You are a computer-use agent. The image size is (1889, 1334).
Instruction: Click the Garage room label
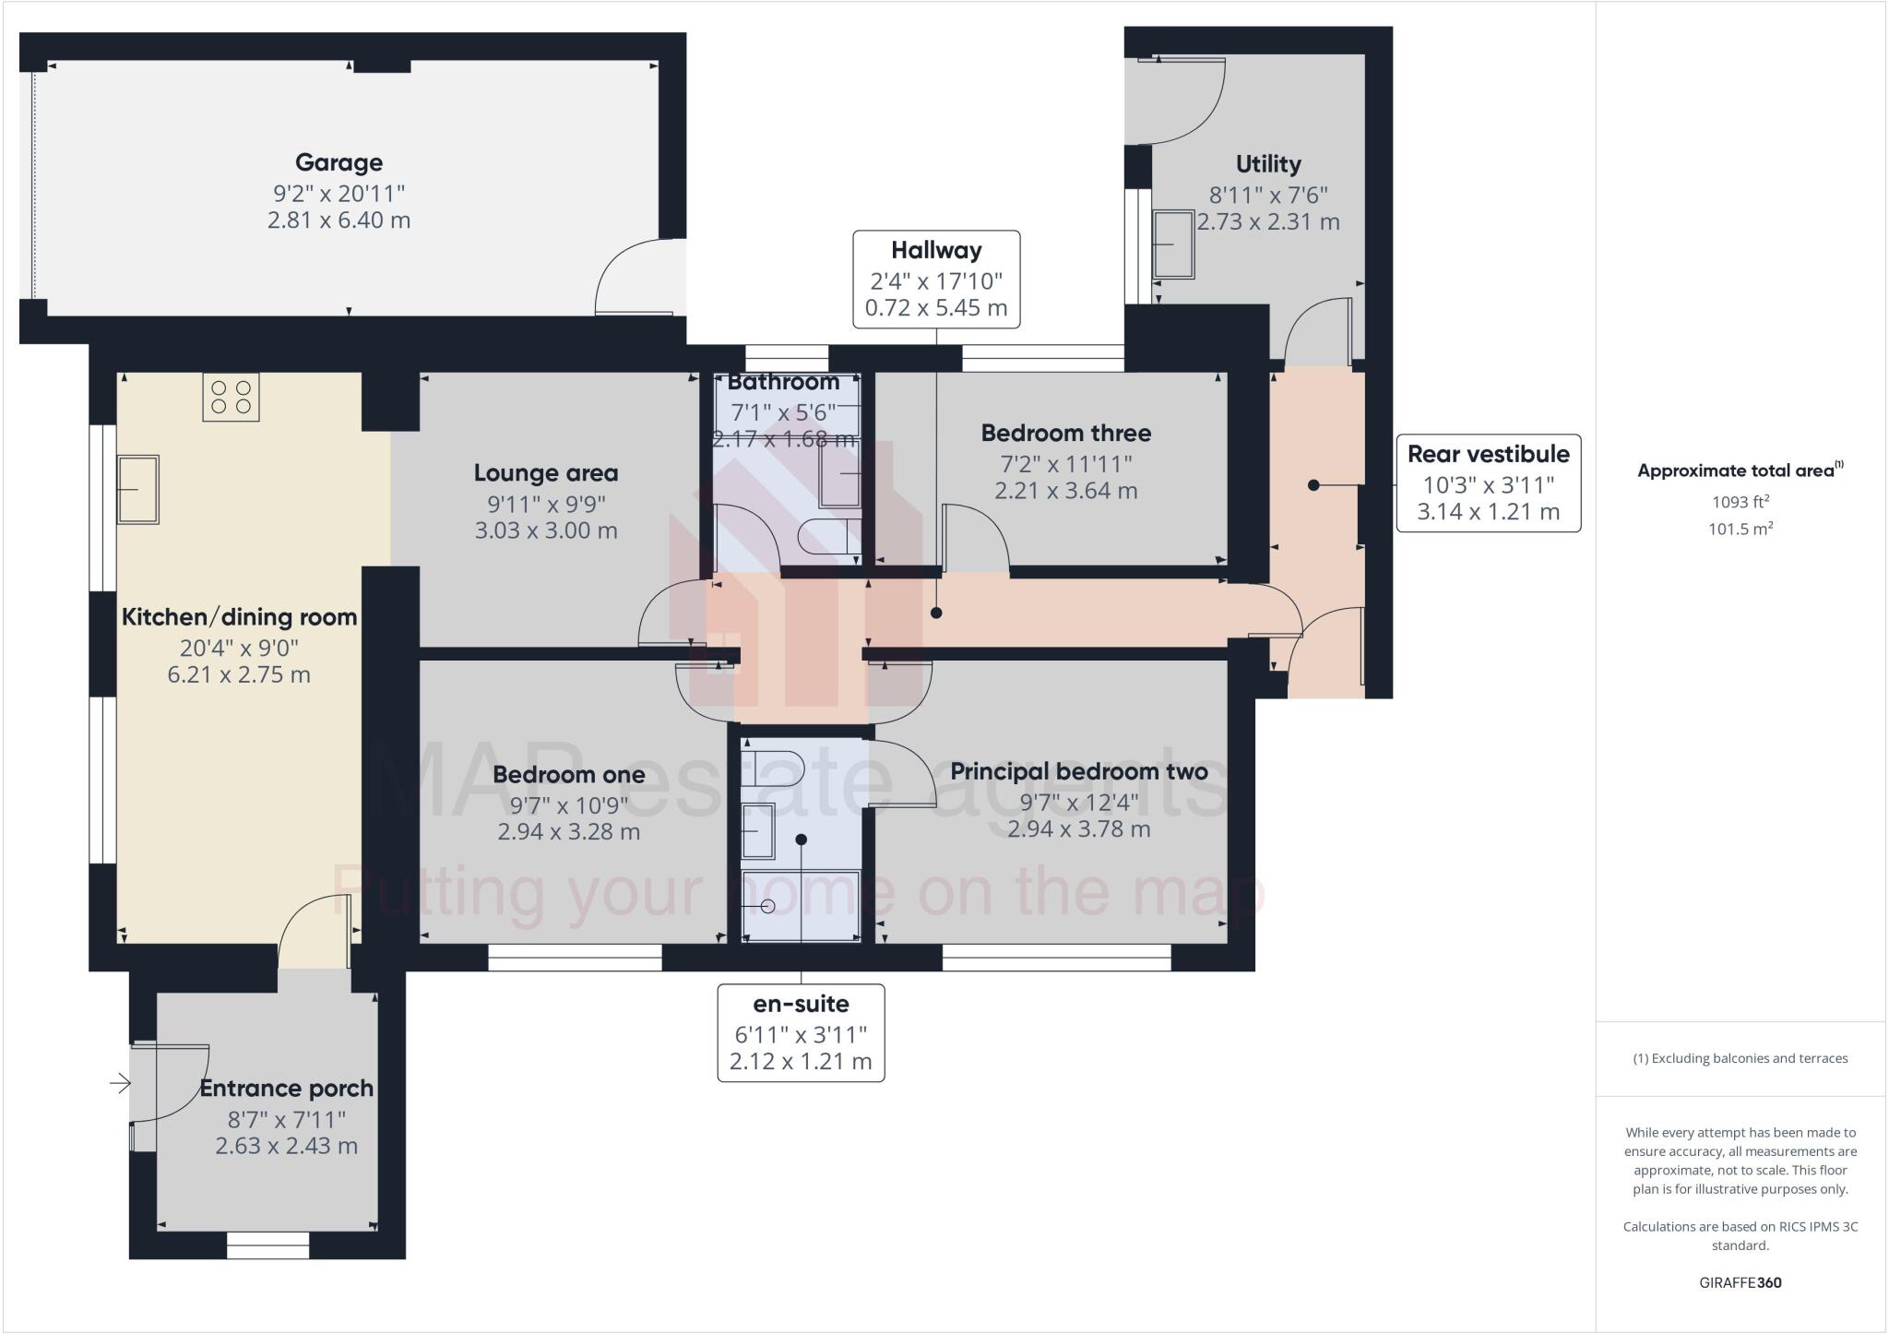pos(339,163)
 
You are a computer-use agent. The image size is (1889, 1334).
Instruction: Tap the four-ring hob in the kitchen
pos(231,398)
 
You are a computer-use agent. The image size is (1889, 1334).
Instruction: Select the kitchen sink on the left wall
pos(137,489)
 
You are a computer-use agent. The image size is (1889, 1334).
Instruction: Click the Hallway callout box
pos(936,279)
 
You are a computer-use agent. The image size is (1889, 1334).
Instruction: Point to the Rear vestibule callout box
pos(1488,482)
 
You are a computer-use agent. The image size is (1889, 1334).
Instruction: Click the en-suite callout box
pos(801,1032)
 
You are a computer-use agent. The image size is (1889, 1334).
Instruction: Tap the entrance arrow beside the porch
pos(120,1083)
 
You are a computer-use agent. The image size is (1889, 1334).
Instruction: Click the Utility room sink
pos(1173,244)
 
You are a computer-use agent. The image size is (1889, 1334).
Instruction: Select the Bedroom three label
pos(1065,433)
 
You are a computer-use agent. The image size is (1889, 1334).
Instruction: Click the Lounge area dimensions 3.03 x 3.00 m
pos(546,530)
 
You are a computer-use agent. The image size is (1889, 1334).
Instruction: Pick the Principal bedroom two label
pos(1078,771)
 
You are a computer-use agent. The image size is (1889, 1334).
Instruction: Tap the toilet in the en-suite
pos(775,767)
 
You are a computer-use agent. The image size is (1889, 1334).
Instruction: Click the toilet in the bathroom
pos(828,536)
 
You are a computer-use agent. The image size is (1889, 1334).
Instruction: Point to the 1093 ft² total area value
pos(1740,502)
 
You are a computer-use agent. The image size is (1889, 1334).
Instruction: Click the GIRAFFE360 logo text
pos(1740,1282)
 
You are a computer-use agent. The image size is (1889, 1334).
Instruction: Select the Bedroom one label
pos(568,774)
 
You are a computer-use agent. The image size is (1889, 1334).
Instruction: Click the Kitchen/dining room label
pos(239,617)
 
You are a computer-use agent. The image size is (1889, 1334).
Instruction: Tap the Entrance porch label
pos(286,1089)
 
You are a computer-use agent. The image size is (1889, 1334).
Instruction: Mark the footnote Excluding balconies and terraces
pos(1740,1058)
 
